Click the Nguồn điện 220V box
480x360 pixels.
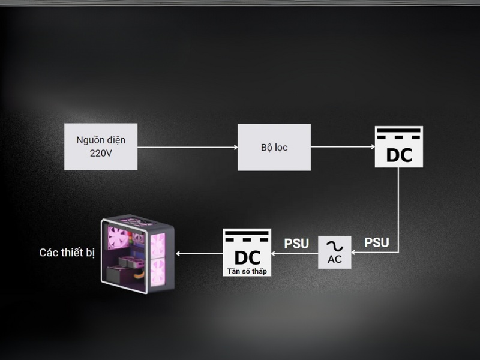[101, 147]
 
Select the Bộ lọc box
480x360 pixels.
[274, 147]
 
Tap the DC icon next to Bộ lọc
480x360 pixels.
[399, 147]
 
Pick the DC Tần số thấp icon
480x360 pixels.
[247, 253]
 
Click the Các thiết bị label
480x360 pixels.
[67, 253]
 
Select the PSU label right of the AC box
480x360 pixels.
[377, 243]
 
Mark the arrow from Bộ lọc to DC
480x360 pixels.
[342, 147]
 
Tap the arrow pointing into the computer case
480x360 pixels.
[198, 253]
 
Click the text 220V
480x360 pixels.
[101, 154]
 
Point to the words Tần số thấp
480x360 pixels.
[247, 271]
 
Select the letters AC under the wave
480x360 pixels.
[335, 260]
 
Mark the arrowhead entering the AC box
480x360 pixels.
[356, 253]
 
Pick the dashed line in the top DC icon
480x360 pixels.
[399, 137]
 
